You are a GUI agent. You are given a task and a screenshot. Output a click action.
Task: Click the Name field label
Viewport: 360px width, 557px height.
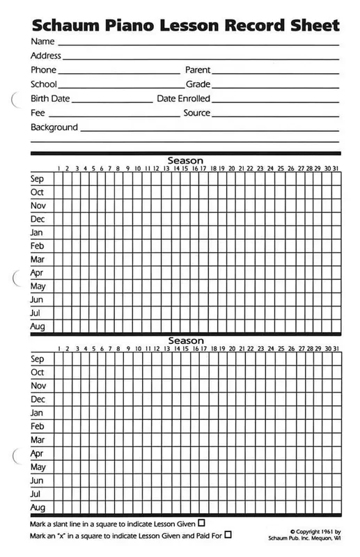pos(42,42)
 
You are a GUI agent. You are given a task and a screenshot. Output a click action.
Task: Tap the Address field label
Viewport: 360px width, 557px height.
pos(46,56)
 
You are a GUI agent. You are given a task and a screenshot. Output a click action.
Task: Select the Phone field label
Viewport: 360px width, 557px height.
pos(44,70)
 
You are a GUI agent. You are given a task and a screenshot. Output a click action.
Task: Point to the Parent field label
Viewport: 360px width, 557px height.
pos(197,70)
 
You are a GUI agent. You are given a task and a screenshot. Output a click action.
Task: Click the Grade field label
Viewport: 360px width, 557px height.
pos(197,84)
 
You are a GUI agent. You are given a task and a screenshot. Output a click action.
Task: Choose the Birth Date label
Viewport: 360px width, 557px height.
pos(50,99)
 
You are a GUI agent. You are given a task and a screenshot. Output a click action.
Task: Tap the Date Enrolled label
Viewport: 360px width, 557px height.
pos(183,99)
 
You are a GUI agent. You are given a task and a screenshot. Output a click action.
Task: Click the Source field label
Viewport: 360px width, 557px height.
pos(196,113)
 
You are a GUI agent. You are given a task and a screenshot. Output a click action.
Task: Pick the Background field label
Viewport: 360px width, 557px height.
pos(54,127)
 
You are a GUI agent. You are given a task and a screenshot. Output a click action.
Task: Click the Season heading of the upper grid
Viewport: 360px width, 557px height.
pos(185,161)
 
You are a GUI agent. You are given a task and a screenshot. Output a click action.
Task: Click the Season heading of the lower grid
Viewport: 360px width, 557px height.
pos(185,340)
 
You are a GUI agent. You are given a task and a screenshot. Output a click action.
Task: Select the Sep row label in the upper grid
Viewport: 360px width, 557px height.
pos(38,178)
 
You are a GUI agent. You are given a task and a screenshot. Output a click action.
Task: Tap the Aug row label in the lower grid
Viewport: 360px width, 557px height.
pos(38,508)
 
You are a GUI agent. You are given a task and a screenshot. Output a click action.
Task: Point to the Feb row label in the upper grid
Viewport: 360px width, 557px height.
pos(38,246)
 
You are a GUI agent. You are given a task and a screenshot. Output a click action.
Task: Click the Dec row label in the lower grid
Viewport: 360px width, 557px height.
pos(38,400)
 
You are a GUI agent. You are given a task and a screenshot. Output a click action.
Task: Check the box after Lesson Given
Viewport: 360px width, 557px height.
pos(202,522)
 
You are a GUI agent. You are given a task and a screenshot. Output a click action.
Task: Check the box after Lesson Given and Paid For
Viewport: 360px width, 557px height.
pos(228,534)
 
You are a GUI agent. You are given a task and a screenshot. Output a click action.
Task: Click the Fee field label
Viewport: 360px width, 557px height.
pos(38,113)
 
